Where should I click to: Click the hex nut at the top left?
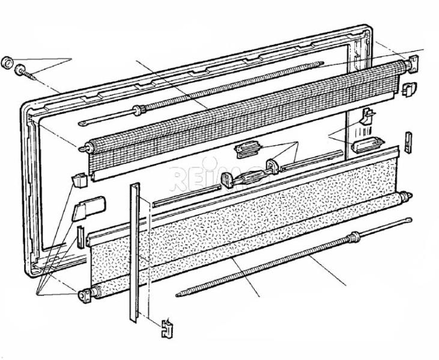[x=7, y=62]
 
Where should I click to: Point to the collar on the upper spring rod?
[x=139, y=110]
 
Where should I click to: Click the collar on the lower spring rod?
[x=355, y=237]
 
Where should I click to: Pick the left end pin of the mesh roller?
[x=84, y=148]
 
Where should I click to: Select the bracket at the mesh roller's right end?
[x=413, y=64]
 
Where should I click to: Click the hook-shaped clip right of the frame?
[x=368, y=116]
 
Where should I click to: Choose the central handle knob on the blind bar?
[x=227, y=180]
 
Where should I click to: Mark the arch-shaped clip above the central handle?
[x=273, y=166]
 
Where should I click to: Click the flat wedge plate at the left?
[x=88, y=208]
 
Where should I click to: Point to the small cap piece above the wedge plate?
[x=79, y=181]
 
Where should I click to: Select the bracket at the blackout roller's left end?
[x=85, y=295]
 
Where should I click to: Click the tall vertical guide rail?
[x=135, y=253]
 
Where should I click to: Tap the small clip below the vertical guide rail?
[x=167, y=328]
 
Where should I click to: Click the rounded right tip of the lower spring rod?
[x=410, y=220]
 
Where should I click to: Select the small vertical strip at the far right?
[x=408, y=142]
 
